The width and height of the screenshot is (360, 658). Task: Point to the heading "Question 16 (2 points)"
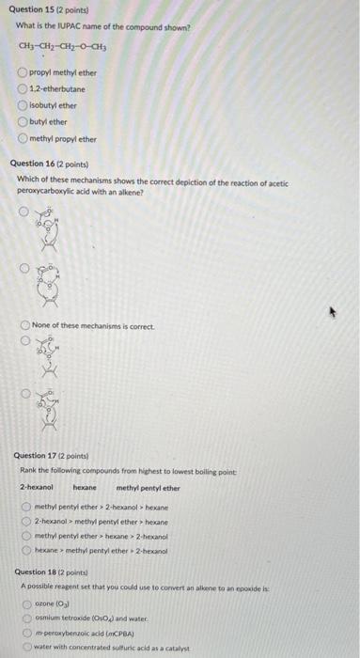(x=49, y=164)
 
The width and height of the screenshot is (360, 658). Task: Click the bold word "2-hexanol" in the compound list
(x=37, y=488)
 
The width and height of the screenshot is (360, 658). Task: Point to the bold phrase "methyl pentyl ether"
(x=148, y=488)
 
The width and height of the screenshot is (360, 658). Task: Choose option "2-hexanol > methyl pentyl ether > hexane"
(x=28, y=520)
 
